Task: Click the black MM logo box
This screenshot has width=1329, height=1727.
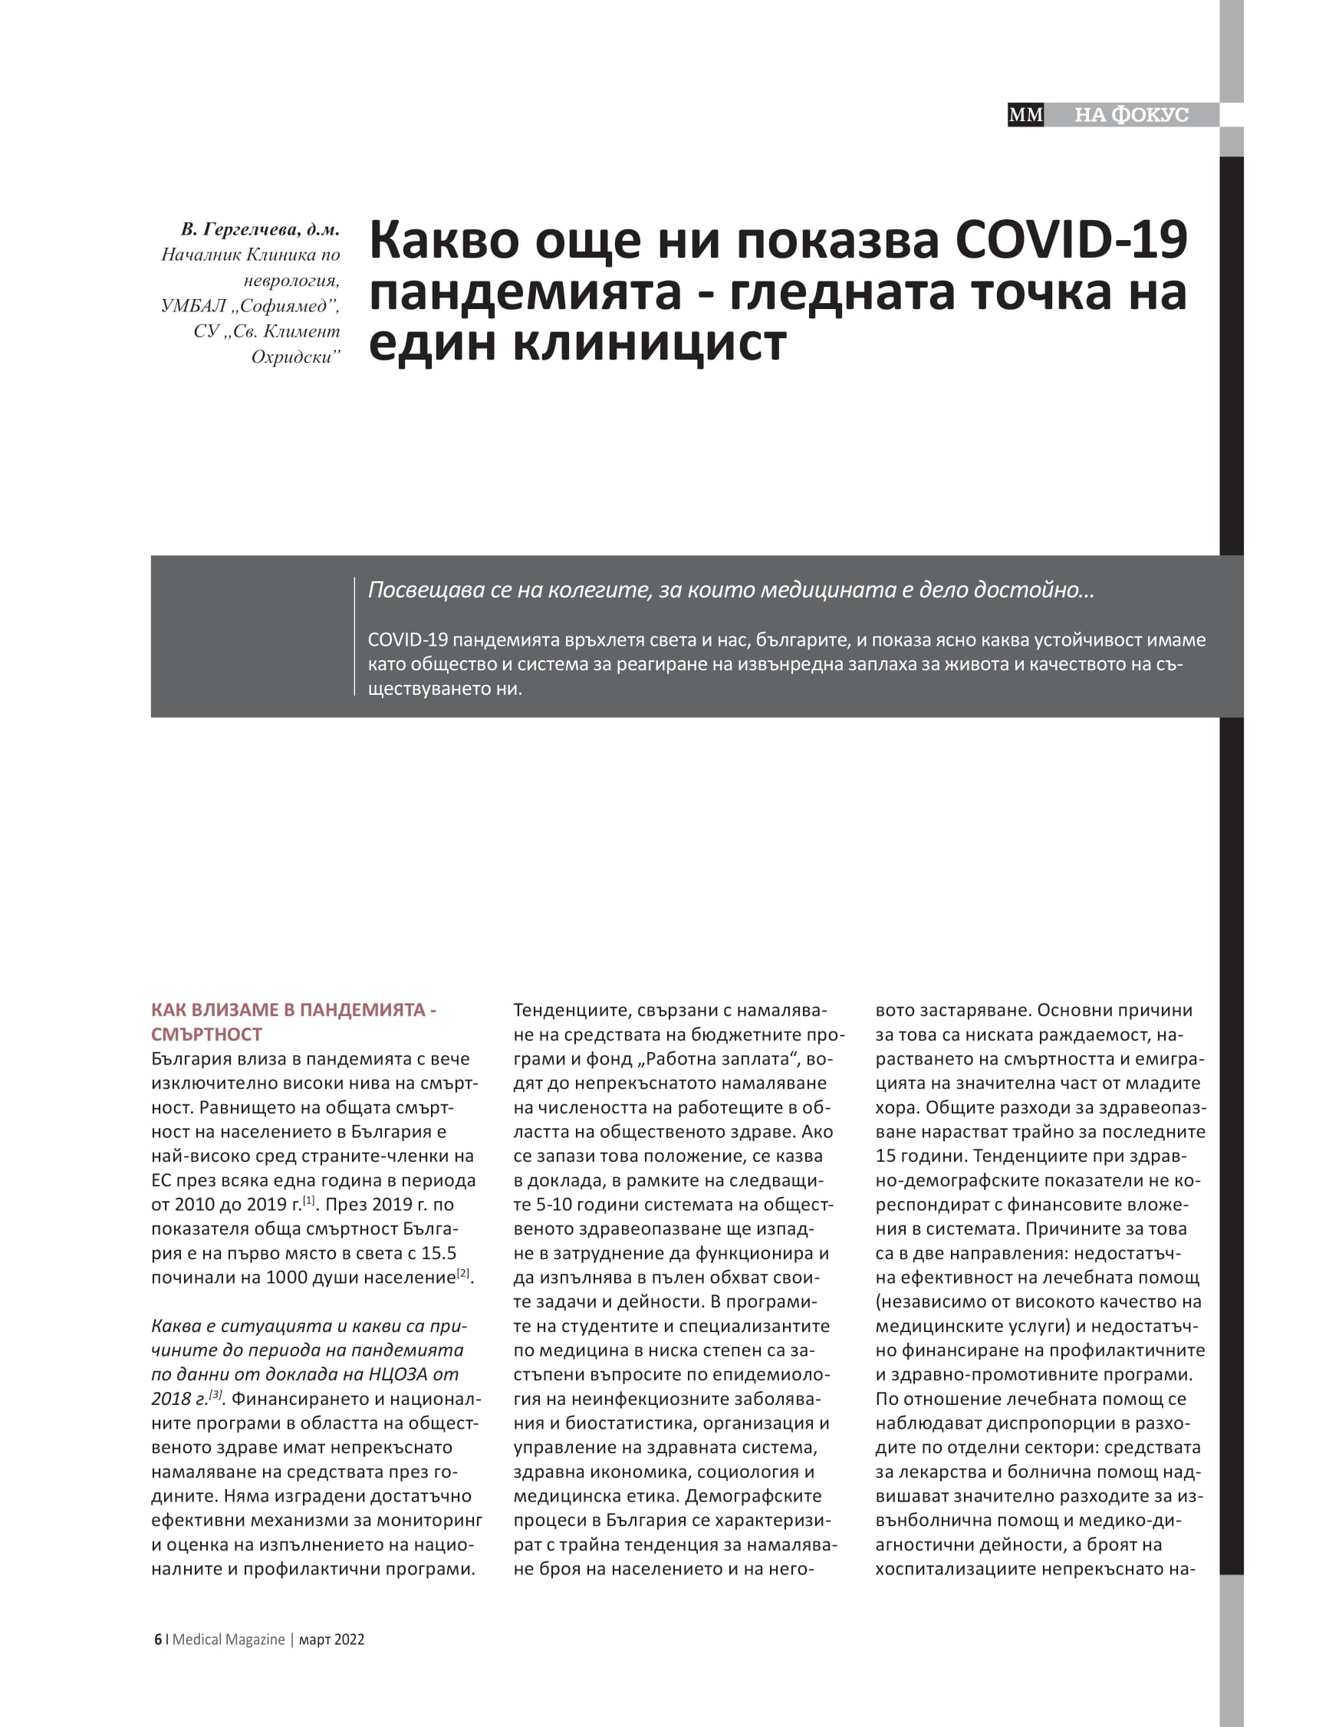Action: (1025, 115)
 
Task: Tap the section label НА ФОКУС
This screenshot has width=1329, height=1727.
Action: (1130, 115)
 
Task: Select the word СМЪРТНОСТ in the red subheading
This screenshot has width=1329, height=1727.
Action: (206, 1034)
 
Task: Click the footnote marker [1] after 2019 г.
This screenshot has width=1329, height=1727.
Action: (309, 1199)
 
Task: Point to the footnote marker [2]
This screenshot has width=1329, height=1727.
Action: (463, 1273)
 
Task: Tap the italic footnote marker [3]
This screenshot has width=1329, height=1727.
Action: (215, 1395)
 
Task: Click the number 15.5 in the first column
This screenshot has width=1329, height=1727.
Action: (438, 1252)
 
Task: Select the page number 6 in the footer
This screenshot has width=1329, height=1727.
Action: (157, 1640)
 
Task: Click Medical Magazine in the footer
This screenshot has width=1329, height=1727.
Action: (229, 1640)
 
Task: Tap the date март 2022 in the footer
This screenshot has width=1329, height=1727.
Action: (332, 1640)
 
